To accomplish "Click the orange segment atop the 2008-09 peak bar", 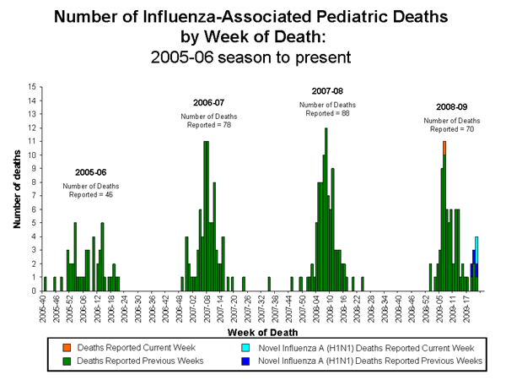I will [x=444, y=147].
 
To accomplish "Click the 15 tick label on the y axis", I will [x=31, y=87].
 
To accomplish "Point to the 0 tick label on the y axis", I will [x=34, y=290].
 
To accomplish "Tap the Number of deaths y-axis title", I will [x=16, y=188].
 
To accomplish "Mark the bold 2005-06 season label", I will [x=91, y=170].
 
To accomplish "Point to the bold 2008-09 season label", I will [x=451, y=107].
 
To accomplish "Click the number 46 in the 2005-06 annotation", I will [x=107, y=195].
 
